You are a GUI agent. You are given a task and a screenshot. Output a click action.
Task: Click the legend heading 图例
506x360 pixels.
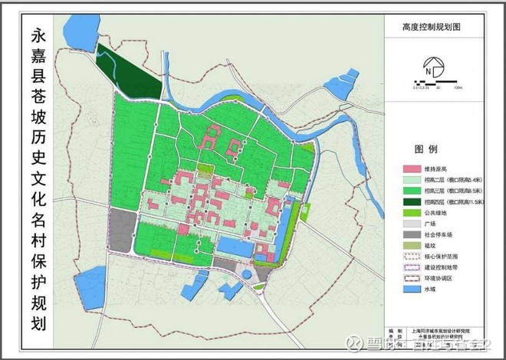[426, 147]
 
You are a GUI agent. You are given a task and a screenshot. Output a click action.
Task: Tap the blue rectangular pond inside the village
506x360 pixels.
[235, 247]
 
